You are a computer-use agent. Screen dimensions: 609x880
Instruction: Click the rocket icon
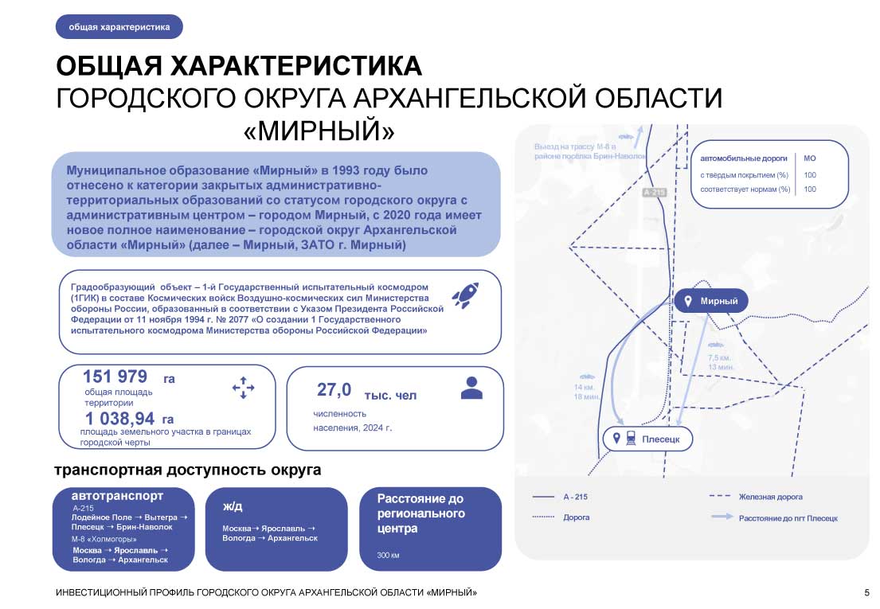click(x=465, y=295)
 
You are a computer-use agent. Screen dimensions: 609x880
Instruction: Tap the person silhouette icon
click(x=471, y=388)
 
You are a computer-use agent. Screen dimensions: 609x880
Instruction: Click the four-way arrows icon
click(x=243, y=388)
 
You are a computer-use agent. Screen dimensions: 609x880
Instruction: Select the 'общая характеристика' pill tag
click(x=119, y=27)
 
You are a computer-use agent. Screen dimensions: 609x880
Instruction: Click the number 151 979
click(x=115, y=377)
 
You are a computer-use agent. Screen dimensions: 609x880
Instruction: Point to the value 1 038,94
click(x=119, y=419)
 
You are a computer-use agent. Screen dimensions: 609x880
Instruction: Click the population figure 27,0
click(x=334, y=389)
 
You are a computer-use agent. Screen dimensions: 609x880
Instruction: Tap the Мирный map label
click(x=718, y=302)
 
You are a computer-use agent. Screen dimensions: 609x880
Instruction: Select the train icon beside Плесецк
click(x=630, y=439)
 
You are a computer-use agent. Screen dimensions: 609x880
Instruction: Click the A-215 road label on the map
click(x=653, y=193)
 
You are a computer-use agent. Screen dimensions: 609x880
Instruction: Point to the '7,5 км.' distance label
click(x=719, y=358)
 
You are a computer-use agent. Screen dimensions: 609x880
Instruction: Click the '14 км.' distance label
click(x=584, y=387)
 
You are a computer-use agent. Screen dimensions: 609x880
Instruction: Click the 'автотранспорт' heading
click(x=117, y=496)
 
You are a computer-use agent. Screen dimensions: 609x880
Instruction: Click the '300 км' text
click(x=389, y=554)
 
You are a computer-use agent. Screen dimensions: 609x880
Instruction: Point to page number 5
click(x=866, y=593)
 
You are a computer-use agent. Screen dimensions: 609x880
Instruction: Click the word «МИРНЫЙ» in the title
click(x=319, y=131)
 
